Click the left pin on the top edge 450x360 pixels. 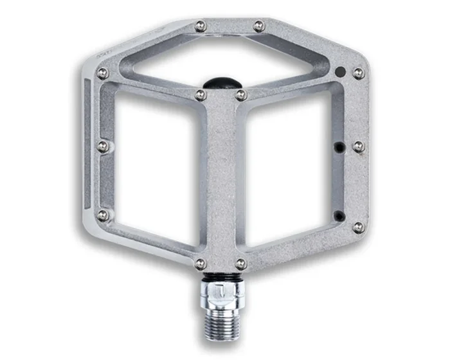pyautogui.click(x=201, y=26)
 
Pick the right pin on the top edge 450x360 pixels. pyautogui.click(x=258, y=26)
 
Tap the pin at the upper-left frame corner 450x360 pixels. pyautogui.click(x=102, y=73)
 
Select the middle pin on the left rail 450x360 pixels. pyautogui.click(x=103, y=147)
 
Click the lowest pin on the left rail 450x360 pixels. pyautogui.click(x=103, y=215)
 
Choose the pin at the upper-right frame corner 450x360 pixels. pyautogui.click(x=358, y=73)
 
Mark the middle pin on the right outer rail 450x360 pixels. pyautogui.click(x=358, y=147)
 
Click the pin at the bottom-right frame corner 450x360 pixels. pyautogui.click(x=358, y=227)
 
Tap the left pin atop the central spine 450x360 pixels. pyautogui.click(x=201, y=95)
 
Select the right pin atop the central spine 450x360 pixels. pyautogui.click(x=240, y=95)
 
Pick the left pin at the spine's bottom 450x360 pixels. pyautogui.click(x=201, y=264)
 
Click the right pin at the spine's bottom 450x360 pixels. pyautogui.click(x=240, y=264)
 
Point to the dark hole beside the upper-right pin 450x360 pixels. pyautogui.click(x=341, y=71)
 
